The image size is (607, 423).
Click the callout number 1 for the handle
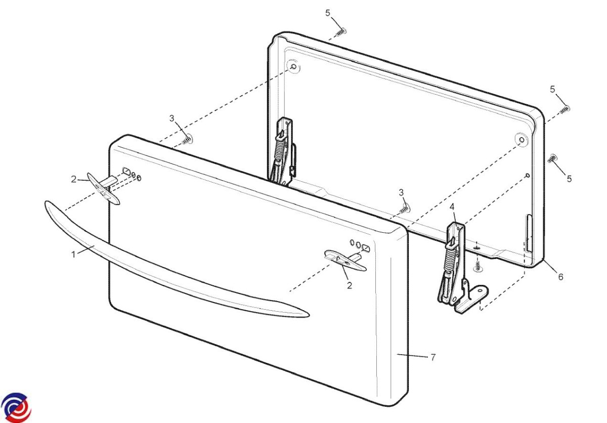point(73,255)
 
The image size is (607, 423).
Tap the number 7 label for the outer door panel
point(433,357)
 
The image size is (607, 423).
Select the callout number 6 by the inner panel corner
point(560,277)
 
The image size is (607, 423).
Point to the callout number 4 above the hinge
point(452,207)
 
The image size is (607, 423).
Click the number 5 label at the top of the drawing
point(328,13)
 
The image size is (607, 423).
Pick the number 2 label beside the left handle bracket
point(74,179)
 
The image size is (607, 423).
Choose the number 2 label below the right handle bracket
point(350,285)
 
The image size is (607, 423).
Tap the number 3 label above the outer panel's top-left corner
point(172,118)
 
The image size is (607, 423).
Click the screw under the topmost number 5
point(340,32)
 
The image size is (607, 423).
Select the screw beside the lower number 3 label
point(405,208)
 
